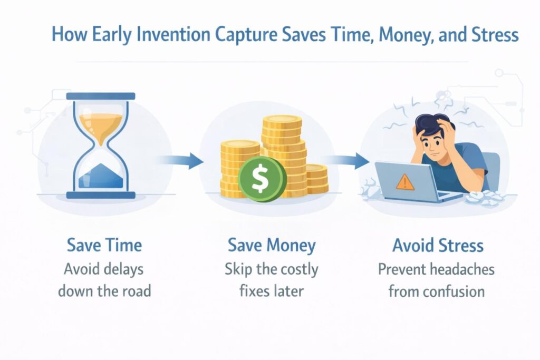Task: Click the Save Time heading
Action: click(x=104, y=246)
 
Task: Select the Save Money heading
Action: click(x=272, y=246)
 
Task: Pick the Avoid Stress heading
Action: click(x=438, y=246)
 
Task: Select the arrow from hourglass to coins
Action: click(x=179, y=160)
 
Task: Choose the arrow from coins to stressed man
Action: click(x=346, y=160)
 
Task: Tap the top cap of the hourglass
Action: click(x=101, y=96)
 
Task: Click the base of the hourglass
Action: click(x=101, y=195)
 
